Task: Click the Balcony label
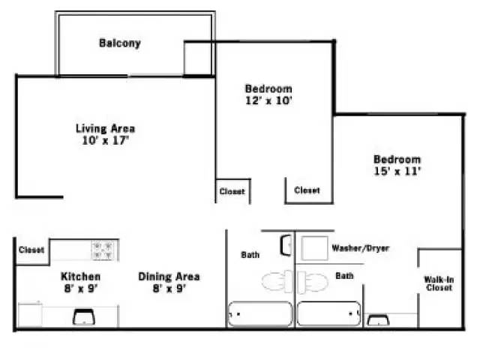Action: (120, 43)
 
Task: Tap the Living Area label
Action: (105, 128)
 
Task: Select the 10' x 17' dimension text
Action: (105, 140)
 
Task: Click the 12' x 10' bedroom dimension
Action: (268, 100)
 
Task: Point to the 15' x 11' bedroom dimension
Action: (397, 171)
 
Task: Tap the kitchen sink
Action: (83, 316)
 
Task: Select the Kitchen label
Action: (80, 277)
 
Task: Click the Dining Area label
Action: (169, 277)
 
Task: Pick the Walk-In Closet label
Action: (439, 283)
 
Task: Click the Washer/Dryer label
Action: (361, 248)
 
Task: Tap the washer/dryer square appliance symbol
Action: (314, 248)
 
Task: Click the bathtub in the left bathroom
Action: (260, 314)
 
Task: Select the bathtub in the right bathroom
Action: (328, 313)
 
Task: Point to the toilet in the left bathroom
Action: (277, 282)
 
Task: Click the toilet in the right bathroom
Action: (313, 282)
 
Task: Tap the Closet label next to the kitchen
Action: (31, 250)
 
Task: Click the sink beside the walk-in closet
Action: (378, 320)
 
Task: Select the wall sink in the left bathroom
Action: (286, 245)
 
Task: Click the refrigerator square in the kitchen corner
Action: (30, 315)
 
